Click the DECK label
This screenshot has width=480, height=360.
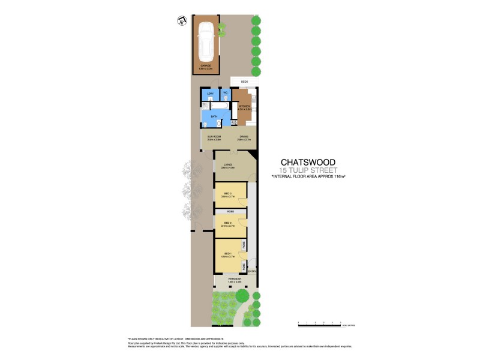[244, 80]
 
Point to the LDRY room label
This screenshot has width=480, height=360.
[210, 94]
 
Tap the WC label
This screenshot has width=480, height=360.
[226, 93]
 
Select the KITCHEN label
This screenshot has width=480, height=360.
[244, 107]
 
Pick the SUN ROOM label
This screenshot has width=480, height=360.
[214, 137]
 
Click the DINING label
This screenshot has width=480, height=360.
[244, 137]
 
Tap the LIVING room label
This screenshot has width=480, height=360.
[227, 165]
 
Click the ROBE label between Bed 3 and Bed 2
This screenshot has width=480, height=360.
[230, 212]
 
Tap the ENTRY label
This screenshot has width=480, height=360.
[252, 272]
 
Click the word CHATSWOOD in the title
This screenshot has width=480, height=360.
[309, 162]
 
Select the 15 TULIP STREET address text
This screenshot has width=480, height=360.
[309, 170]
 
